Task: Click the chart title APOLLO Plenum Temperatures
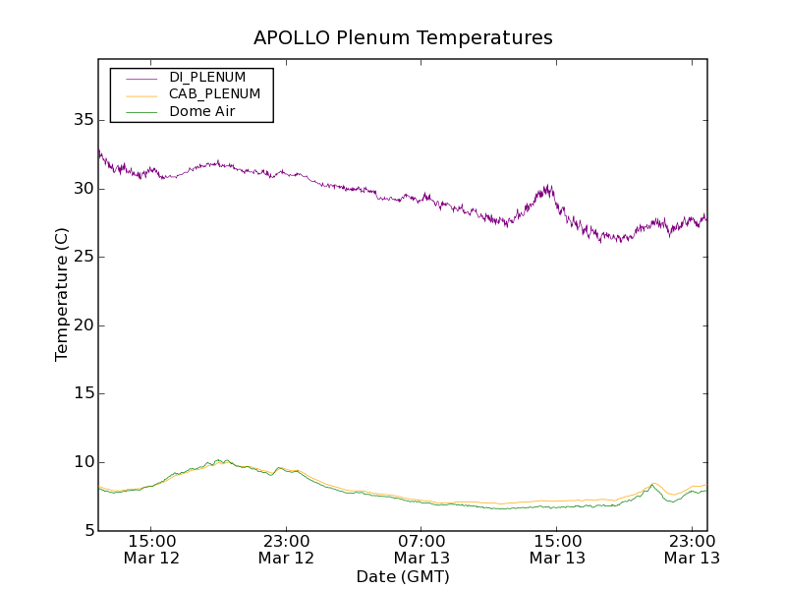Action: pos(403,38)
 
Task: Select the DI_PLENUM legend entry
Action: pos(207,77)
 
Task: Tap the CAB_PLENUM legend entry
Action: pos(214,93)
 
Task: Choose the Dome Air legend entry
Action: pos(201,111)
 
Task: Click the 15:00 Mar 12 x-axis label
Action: pos(151,549)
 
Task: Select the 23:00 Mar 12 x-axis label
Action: pos(287,549)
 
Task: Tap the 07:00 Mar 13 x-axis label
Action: pos(422,549)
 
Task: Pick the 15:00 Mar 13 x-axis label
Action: pos(557,549)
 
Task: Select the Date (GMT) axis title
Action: pos(403,576)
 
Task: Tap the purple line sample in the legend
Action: pos(138,77)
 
